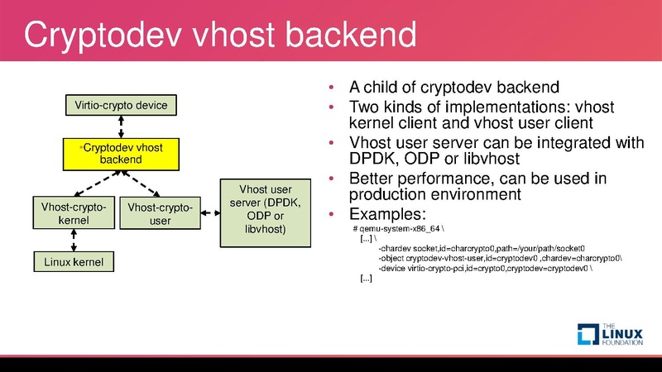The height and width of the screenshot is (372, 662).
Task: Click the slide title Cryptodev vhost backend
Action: [218, 36]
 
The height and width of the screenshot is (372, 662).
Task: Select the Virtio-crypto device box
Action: [121, 106]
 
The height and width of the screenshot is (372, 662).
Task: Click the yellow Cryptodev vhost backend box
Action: [121, 153]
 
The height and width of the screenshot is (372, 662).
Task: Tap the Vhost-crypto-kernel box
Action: [74, 214]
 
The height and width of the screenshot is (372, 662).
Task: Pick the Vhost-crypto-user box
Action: [160, 214]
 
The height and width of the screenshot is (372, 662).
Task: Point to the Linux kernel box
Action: [74, 262]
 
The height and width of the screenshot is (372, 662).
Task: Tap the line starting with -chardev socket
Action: [481, 248]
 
